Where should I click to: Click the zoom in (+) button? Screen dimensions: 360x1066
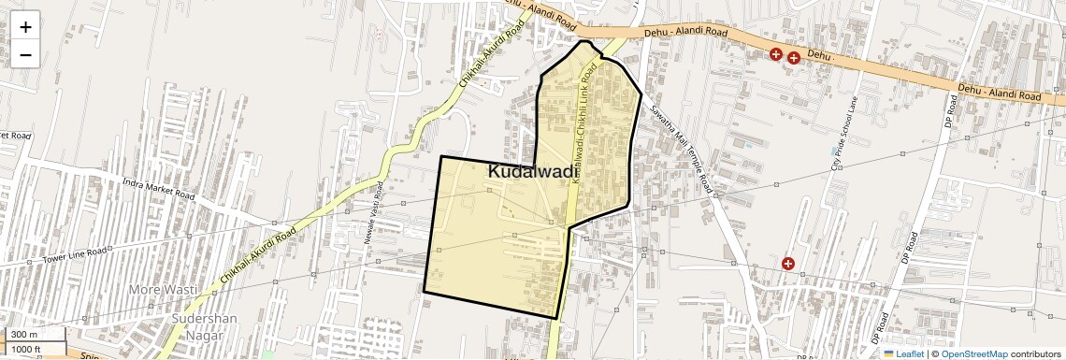(x=25, y=26)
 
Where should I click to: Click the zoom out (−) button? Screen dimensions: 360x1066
(x=25, y=54)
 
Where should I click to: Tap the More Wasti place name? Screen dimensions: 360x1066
(x=163, y=290)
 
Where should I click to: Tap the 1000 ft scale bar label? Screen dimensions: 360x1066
(x=26, y=350)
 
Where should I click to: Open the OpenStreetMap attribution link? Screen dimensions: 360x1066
(x=974, y=354)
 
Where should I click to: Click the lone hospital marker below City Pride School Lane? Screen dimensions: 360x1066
(x=788, y=264)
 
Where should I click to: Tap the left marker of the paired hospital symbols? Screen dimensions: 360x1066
(x=776, y=54)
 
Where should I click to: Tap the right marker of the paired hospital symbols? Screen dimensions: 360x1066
(x=794, y=58)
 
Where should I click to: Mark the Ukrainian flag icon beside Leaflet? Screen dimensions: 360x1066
(x=889, y=354)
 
